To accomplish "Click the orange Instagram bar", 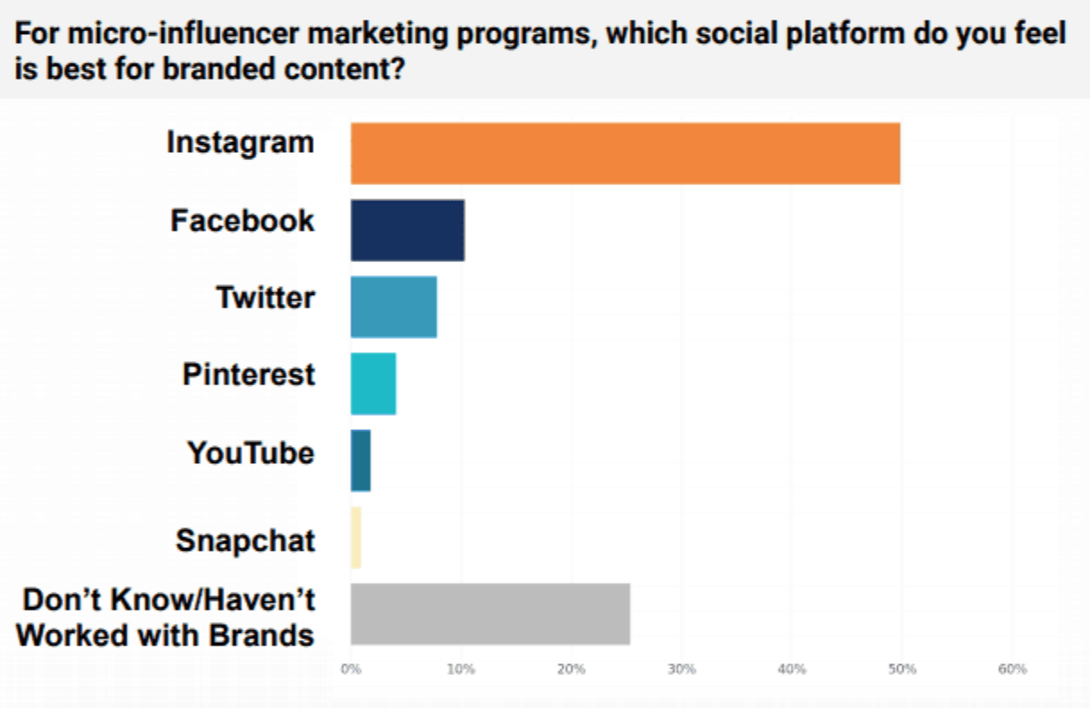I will pos(625,154).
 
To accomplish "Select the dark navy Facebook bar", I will pos(407,231).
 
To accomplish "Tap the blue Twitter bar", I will pos(394,308).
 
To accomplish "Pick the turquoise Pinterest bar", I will pos(373,384).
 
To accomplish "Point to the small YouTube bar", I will pos(361,460).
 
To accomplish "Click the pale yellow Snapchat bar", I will pos(356,537).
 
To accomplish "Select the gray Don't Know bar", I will pos(490,614).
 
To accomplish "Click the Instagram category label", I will pos(241,143).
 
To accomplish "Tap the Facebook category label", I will pos(243,220).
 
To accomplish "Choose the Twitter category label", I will pos(265,297).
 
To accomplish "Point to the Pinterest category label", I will pos(249,374).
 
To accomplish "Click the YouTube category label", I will pos(251,452).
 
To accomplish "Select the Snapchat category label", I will pos(245,541).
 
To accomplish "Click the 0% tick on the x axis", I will pos(351,669).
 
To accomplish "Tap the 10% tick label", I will pos(461,669).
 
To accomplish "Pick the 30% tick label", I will pos(681,669).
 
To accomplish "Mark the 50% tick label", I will pos(902,669).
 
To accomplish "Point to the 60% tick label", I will pos(1012,669).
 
